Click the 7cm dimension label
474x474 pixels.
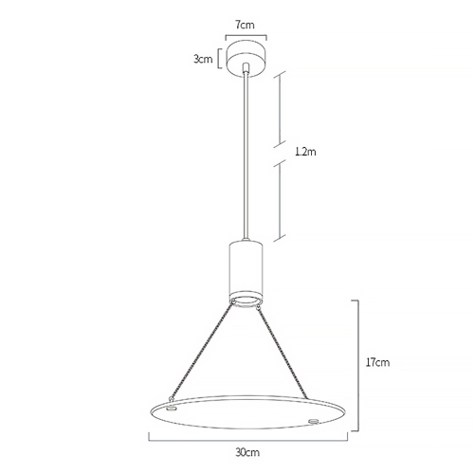tap(245, 25)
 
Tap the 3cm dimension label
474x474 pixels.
tap(203, 59)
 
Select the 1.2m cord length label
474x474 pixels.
tap(305, 152)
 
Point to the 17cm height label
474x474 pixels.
tap(377, 362)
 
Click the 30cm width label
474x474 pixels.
tap(247, 452)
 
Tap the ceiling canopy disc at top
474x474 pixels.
tap(246, 59)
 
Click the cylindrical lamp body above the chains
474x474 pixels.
tap(246, 269)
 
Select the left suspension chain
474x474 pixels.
tap(202, 351)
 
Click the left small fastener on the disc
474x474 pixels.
tap(172, 410)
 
